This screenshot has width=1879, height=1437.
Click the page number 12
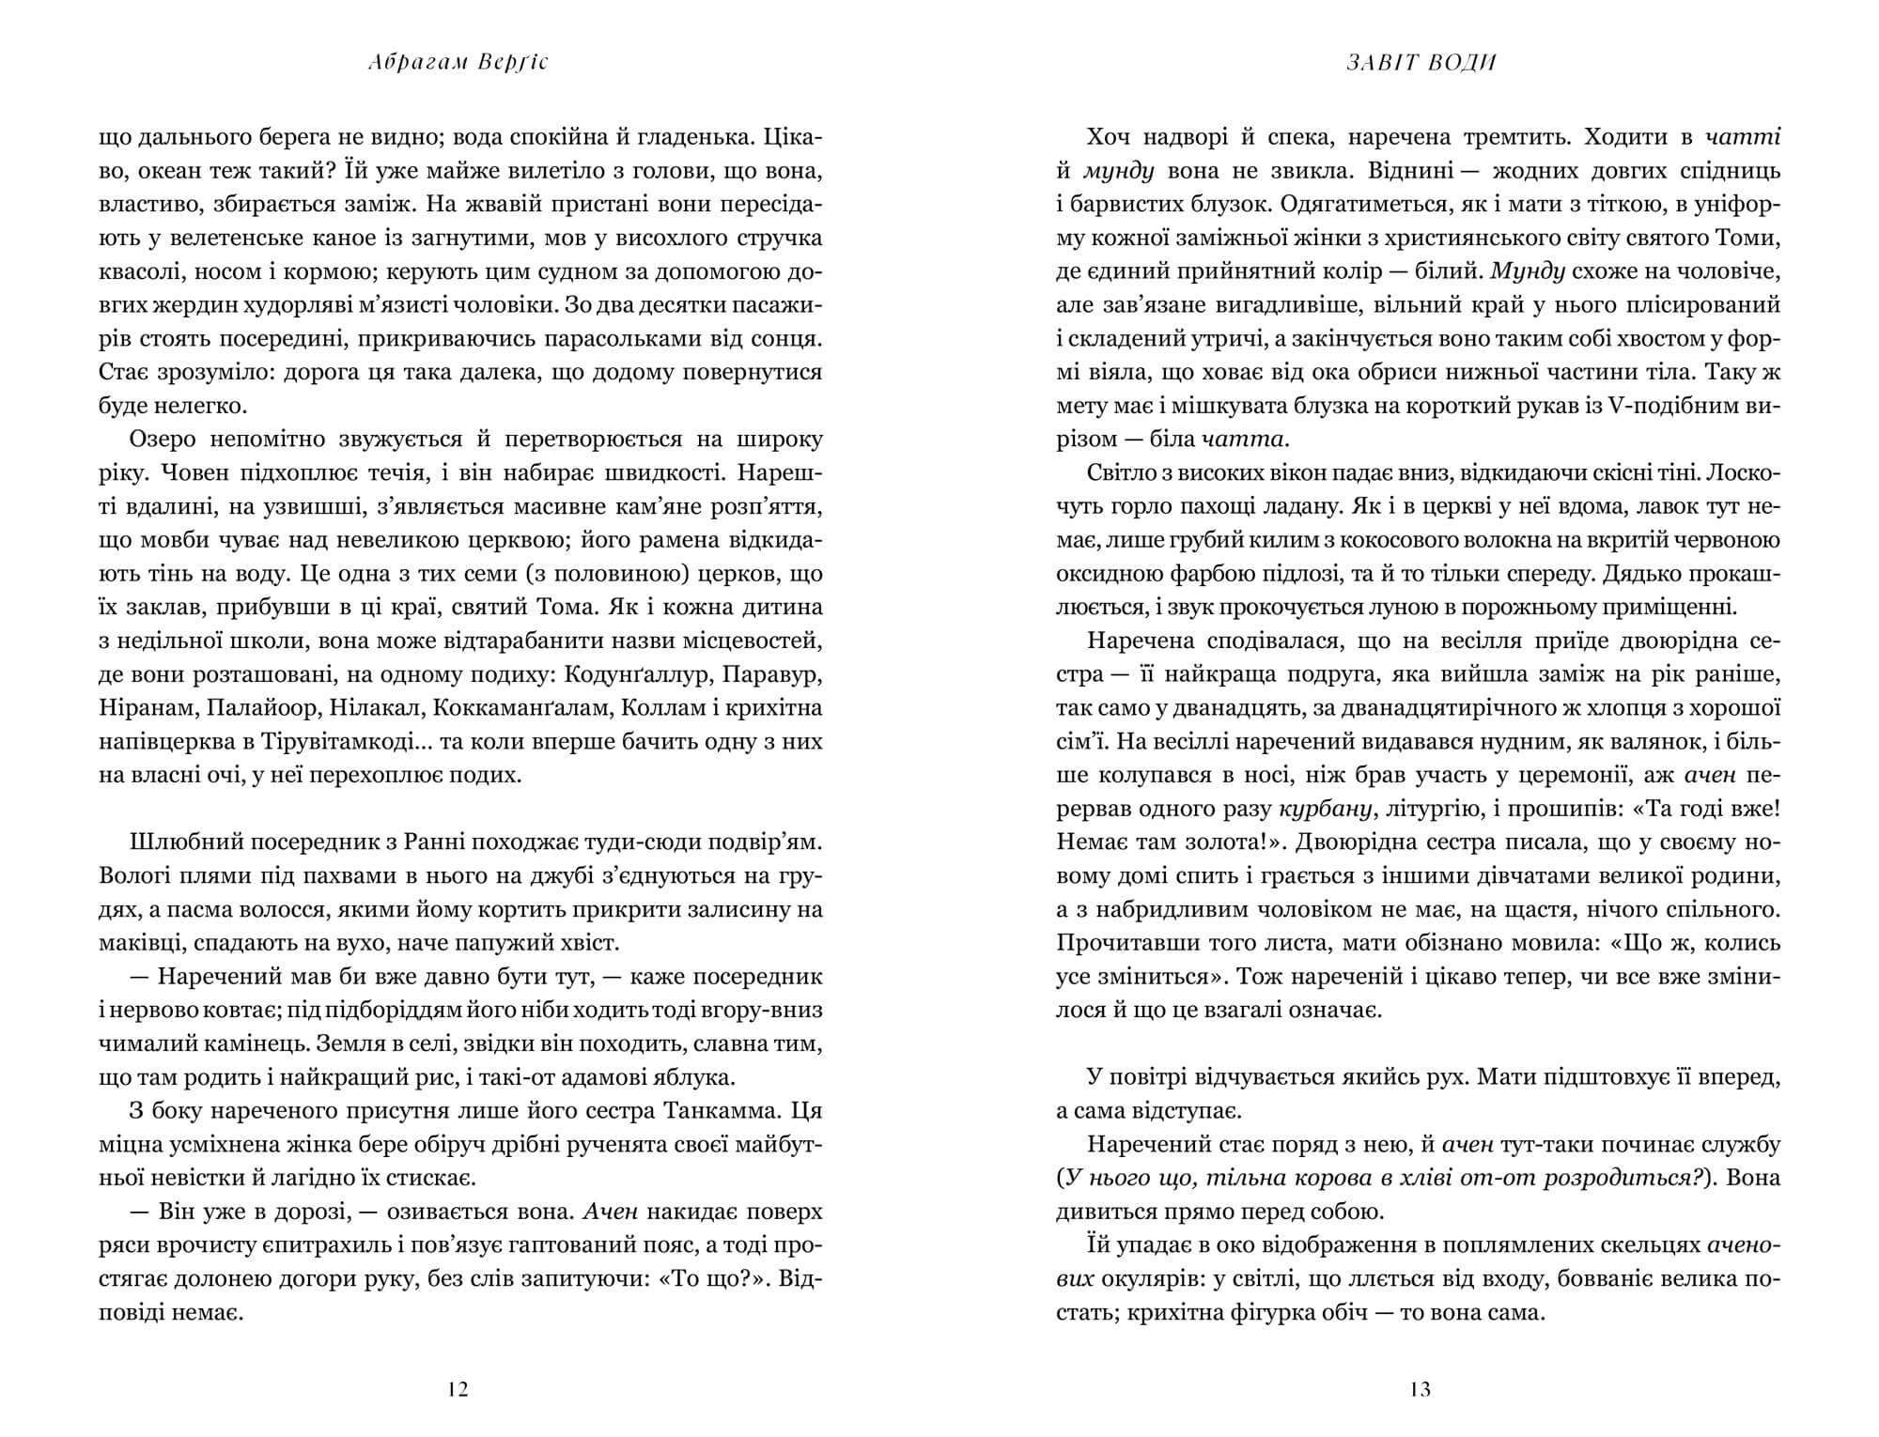(x=458, y=1389)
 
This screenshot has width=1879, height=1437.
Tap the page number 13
(x=1421, y=1389)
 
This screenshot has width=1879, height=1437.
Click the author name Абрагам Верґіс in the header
(x=459, y=63)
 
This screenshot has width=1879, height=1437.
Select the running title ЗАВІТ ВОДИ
(x=1421, y=63)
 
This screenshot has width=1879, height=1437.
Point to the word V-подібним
(x=1657, y=406)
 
